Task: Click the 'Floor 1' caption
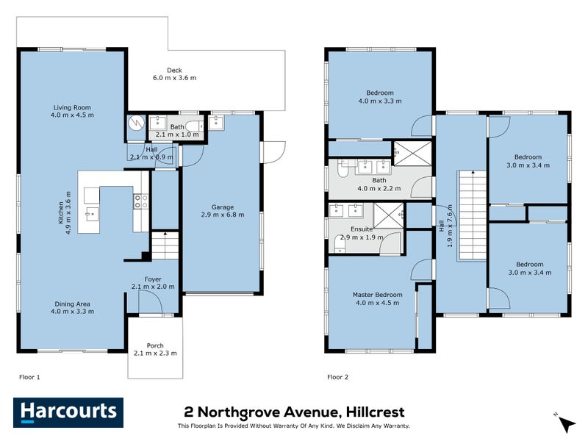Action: (29, 376)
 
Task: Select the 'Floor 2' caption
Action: (337, 376)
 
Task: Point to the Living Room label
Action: (72, 107)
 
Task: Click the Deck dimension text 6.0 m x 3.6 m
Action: (174, 78)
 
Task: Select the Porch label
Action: (155, 345)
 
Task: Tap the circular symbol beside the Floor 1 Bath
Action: (136, 124)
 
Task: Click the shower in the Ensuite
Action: (388, 215)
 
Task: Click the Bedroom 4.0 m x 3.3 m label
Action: (380, 93)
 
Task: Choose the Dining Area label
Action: (72, 304)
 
